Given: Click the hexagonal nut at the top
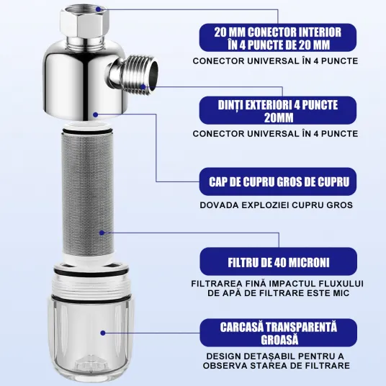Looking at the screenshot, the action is [84, 22].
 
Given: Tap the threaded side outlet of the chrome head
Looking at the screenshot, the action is [133, 74].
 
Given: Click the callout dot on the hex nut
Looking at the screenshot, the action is [98, 9].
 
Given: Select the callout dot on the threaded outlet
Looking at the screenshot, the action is [143, 86].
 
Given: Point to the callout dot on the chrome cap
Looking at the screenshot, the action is [96, 115].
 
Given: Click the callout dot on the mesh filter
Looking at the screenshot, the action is [102, 233].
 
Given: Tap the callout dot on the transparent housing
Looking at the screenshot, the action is [103, 333].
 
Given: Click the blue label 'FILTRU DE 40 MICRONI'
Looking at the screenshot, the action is [279, 261].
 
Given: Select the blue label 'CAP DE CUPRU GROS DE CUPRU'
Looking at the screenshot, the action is [278, 181].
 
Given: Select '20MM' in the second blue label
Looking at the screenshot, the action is [279, 117].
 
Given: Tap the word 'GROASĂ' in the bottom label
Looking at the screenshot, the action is [279, 340].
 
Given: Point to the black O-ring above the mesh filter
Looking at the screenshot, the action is [87, 131].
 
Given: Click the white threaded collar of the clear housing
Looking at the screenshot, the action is [91, 286].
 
